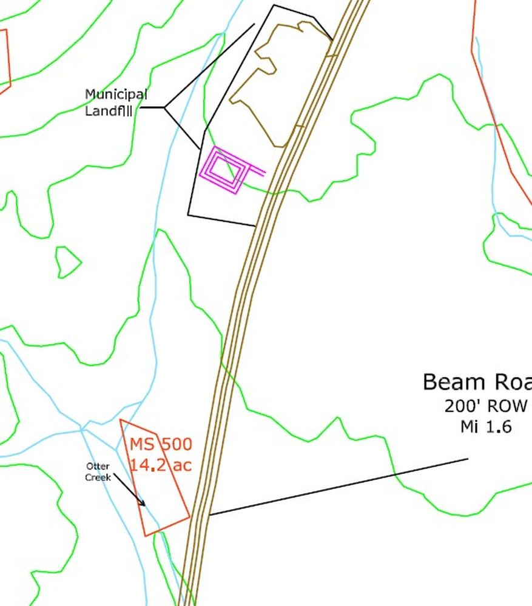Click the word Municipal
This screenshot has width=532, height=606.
[x=116, y=95]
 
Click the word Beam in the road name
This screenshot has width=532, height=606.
[x=450, y=382]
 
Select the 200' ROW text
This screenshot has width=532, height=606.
[x=485, y=406]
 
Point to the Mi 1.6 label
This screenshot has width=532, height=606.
[x=486, y=427]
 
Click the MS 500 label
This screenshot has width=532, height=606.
[x=161, y=444]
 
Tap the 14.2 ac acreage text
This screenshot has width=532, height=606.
[x=161, y=465]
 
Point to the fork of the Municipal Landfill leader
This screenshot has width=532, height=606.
[x=164, y=108]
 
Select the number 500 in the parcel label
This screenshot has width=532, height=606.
[x=176, y=444]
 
